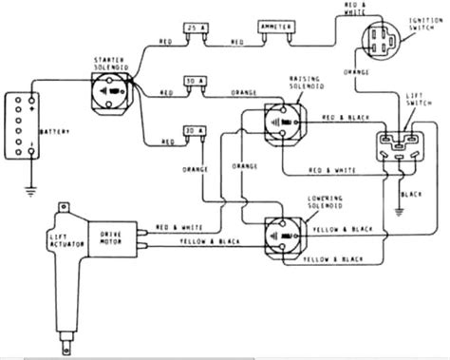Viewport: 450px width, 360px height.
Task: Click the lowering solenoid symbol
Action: pyautogui.click(x=282, y=233)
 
